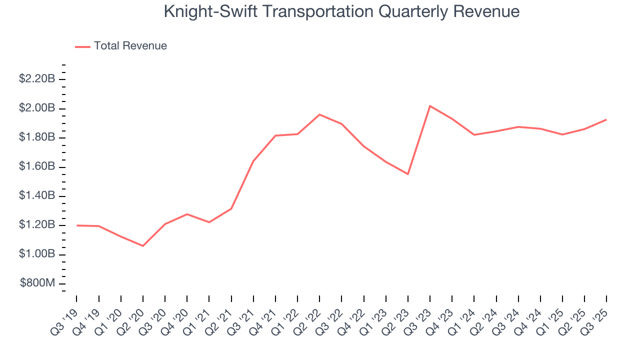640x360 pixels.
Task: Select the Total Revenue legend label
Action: click(130, 46)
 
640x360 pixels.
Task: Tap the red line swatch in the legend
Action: click(82, 46)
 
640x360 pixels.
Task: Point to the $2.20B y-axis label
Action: click(36, 79)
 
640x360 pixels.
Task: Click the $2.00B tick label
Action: click(36, 108)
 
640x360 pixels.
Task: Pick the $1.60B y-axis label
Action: click(36, 166)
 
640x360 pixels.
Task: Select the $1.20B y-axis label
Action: click(36, 225)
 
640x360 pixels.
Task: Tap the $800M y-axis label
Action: click(37, 283)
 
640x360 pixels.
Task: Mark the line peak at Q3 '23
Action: click(430, 105)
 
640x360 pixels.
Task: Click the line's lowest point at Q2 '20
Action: click(143, 246)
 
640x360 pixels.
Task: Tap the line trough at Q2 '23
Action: click(408, 174)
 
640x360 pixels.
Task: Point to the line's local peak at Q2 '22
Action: click(319, 114)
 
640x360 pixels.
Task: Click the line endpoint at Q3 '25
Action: click(606, 119)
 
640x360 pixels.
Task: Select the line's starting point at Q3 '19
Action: click(77, 225)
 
